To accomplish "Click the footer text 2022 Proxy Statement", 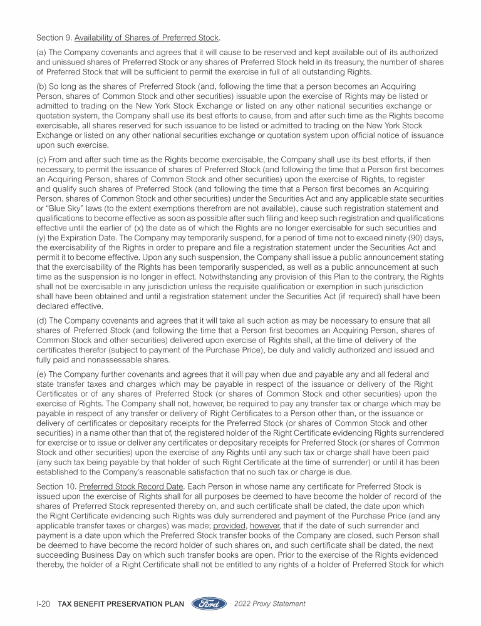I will [269, 604].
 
